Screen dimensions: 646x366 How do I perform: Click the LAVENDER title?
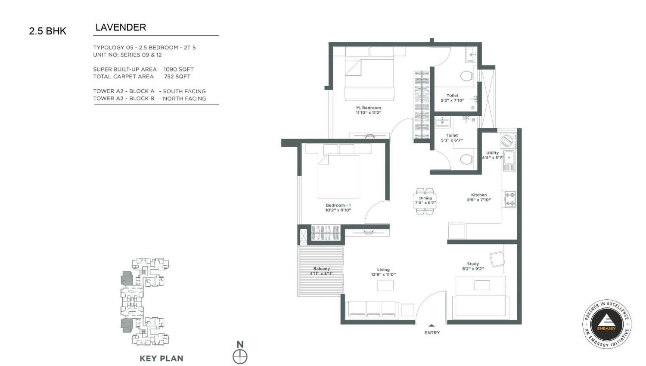tap(121, 28)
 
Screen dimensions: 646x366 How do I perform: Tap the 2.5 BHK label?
tap(47, 31)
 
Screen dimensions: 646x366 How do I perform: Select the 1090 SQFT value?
tap(179, 69)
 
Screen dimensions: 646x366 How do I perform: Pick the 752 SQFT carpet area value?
tap(177, 77)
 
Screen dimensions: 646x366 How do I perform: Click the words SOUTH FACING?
tap(184, 91)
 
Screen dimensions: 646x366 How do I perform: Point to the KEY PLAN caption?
tap(161, 359)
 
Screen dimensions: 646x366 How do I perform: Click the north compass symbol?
tap(240, 357)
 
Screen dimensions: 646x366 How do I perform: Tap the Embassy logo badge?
tap(606, 324)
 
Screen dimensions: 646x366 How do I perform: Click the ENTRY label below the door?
tap(432, 332)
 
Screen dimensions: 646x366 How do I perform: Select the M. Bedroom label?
tap(369, 108)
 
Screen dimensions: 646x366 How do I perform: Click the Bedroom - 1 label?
tap(338, 205)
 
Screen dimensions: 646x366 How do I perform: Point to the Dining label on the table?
tap(425, 198)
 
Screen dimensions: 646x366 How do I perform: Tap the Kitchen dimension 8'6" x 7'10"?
tap(479, 200)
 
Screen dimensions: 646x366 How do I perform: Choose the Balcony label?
tap(322, 269)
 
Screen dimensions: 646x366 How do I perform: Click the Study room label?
tap(473, 264)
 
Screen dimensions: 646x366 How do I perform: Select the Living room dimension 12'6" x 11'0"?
tap(383, 275)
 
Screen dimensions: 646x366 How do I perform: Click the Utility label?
tap(492, 152)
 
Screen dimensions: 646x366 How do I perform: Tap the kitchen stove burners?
tap(510, 199)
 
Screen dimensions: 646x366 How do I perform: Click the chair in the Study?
tap(497, 259)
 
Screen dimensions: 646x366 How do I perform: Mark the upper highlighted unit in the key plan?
tap(126, 279)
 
